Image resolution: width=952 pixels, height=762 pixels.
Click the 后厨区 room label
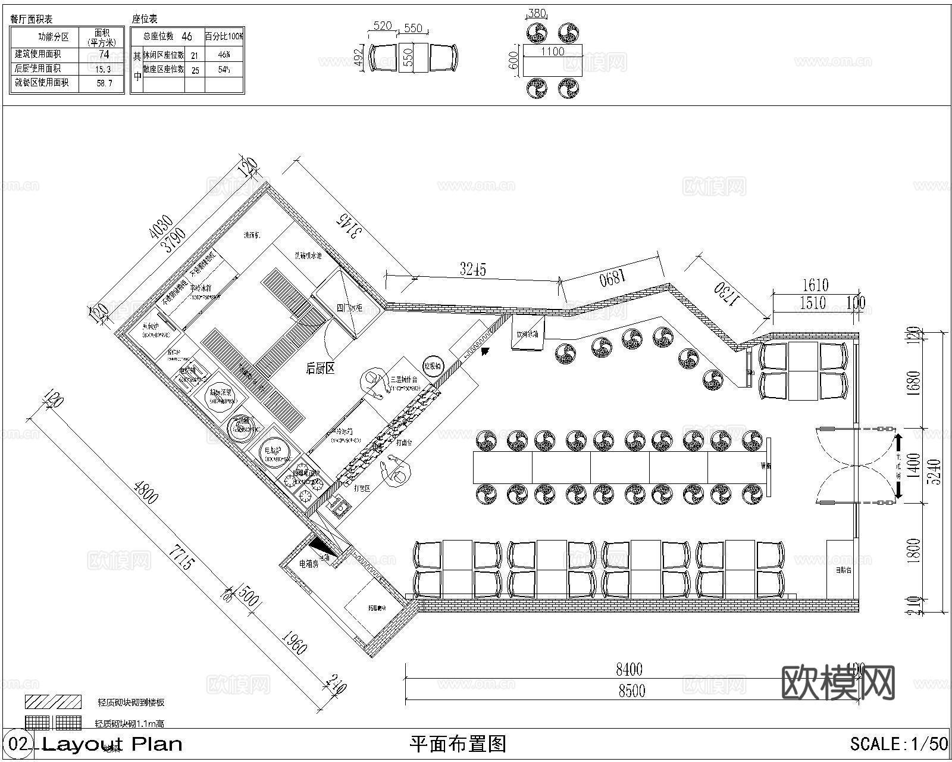tap(320, 368)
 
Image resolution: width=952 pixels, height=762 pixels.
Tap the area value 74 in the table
tap(104, 55)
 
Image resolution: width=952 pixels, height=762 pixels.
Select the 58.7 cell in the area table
tap(104, 83)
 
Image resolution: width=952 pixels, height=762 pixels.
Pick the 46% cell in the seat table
tap(224, 55)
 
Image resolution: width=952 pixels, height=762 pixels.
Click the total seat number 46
tap(186, 36)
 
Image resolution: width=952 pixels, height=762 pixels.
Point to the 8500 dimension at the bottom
tap(631, 691)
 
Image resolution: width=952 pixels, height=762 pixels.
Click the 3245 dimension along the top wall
tap(473, 270)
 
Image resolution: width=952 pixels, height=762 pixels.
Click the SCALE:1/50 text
tap(898, 744)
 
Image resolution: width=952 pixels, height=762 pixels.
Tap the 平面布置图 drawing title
tap(458, 744)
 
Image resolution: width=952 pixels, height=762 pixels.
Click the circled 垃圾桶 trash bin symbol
tap(432, 366)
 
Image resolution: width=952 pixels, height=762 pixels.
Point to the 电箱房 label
tap(309, 563)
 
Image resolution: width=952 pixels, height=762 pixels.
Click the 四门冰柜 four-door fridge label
tap(349, 308)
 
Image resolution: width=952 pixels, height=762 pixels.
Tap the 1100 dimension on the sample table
tap(552, 52)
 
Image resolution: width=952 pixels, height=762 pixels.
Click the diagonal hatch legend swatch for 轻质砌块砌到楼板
tap(53, 701)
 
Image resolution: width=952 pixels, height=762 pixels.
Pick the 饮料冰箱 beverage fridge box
tap(527, 335)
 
